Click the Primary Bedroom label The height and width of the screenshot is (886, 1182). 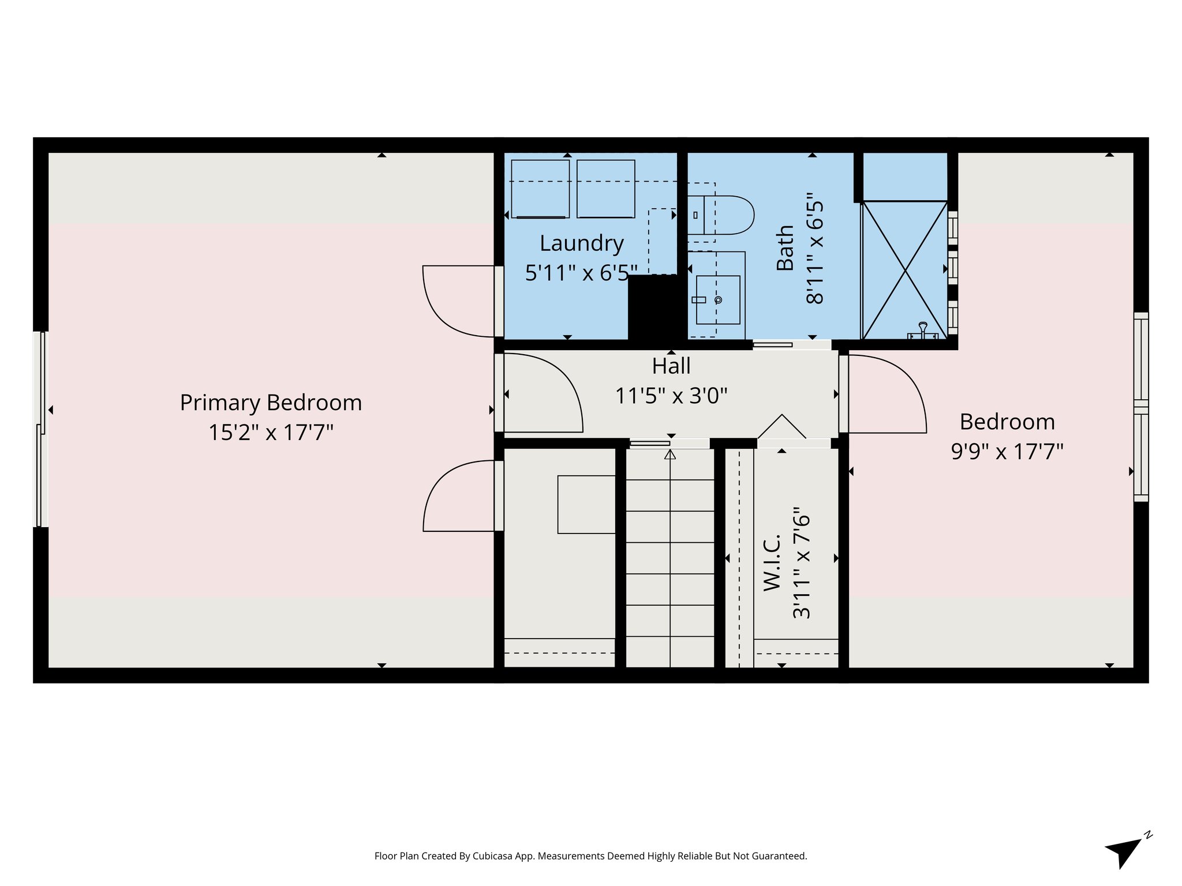pyautogui.click(x=271, y=403)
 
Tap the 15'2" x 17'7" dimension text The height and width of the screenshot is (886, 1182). pyautogui.click(x=271, y=432)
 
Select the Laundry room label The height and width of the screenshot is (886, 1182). pyautogui.click(x=581, y=243)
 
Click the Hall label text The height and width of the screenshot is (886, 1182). pyautogui.click(x=671, y=366)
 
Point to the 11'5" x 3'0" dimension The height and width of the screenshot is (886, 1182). pyautogui.click(x=671, y=396)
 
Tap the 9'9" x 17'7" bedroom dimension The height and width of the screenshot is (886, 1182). pyautogui.click(x=1007, y=451)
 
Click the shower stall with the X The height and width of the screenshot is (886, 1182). pyautogui.click(x=904, y=270)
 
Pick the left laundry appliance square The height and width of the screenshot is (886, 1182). pyautogui.click(x=540, y=189)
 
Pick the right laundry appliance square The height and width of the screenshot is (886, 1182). pyautogui.click(x=605, y=189)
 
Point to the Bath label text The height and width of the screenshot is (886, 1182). pyautogui.click(x=785, y=248)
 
